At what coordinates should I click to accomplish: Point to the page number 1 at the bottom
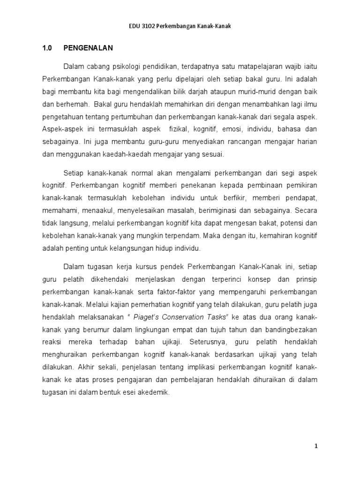pos(316,447)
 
